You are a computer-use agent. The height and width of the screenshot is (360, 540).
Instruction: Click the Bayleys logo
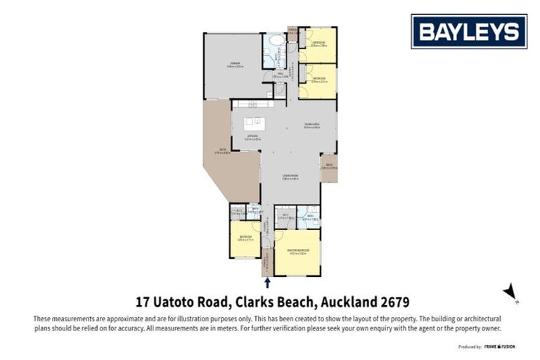[x=469, y=31]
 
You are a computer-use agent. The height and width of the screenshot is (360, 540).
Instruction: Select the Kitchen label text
[x=252, y=138]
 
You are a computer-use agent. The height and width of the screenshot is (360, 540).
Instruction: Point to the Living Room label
[x=290, y=177]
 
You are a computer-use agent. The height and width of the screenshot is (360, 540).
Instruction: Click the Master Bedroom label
[x=297, y=252]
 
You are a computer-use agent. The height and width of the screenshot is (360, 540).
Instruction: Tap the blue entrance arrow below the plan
[x=268, y=283]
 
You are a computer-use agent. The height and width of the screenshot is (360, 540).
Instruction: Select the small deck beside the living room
[x=328, y=167]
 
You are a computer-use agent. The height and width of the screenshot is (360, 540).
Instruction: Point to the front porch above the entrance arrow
[x=267, y=266]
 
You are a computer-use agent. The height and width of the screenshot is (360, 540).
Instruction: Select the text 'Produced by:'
[x=470, y=347]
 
